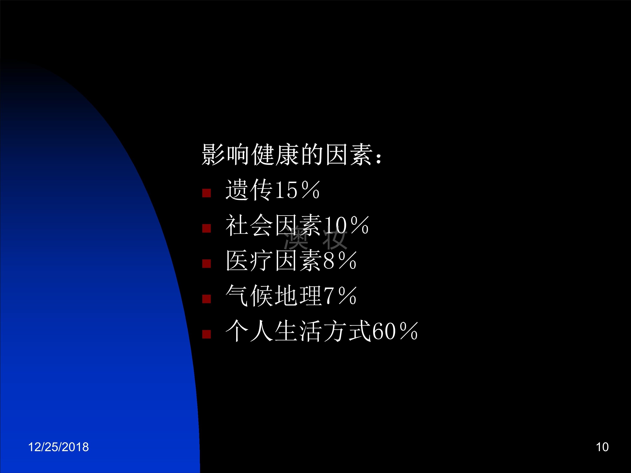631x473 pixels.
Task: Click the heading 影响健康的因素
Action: (288, 155)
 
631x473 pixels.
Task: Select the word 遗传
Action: (249, 190)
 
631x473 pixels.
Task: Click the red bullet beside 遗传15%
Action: (206, 193)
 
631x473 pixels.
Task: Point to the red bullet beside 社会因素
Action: (206, 228)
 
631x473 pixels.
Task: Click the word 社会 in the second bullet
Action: (249, 225)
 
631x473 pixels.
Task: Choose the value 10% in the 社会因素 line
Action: (346, 225)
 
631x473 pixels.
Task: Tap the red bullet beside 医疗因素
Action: (206, 263)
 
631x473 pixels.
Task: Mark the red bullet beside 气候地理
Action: (206, 299)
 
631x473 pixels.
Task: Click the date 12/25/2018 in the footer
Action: (58, 447)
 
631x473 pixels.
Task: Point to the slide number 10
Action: (602, 447)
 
